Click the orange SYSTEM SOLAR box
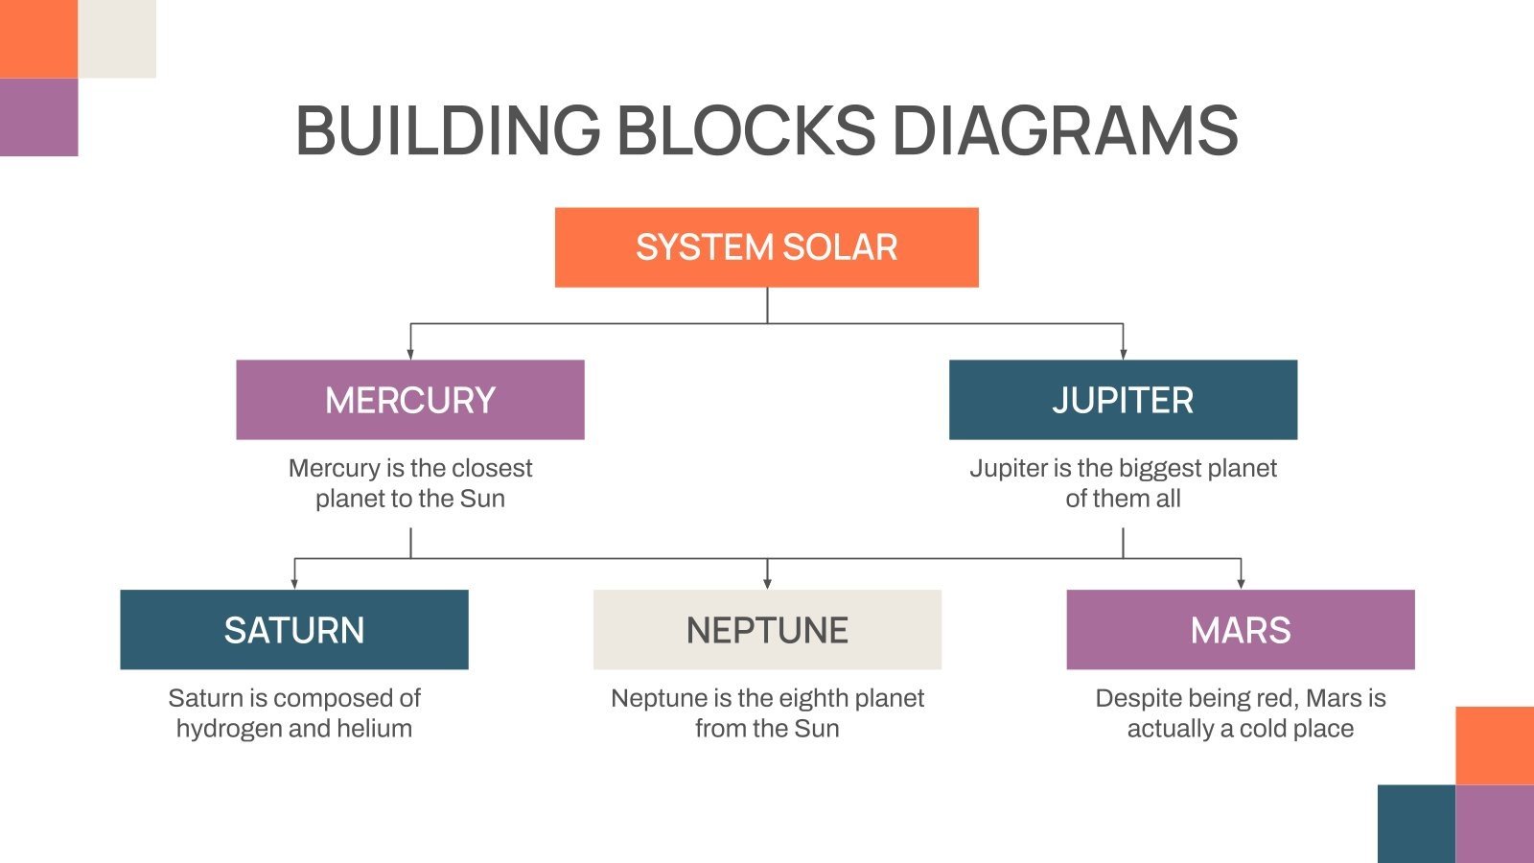click(766, 247)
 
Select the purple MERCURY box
click(410, 400)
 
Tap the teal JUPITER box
click(1123, 400)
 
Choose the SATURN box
click(294, 630)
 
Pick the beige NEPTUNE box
click(767, 630)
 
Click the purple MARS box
click(1241, 630)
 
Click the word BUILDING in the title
click(447, 130)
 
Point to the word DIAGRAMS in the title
click(1065, 130)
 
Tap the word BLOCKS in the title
click(745, 130)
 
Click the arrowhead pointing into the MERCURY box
click(410, 354)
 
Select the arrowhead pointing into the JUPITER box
click(1123, 354)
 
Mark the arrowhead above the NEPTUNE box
click(767, 583)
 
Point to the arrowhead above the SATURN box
click(294, 583)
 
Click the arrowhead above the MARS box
click(1241, 583)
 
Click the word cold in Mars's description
click(1264, 729)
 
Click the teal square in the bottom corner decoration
click(1416, 824)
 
